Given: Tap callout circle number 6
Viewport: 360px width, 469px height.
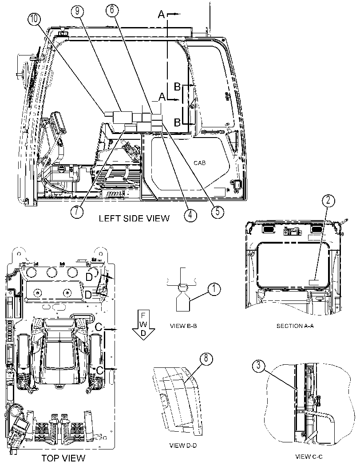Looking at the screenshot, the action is click(112, 11).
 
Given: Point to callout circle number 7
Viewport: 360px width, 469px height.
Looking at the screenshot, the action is click(77, 212).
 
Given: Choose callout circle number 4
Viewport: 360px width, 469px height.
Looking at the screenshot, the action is click(190, 214).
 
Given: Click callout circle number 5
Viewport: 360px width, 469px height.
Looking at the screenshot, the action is click(217, 211).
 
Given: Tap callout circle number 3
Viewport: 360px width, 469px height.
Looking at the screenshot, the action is click(259, 366).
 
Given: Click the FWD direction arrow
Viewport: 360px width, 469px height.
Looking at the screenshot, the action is click(144, 324).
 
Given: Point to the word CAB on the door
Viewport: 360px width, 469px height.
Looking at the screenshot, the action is click(200, 163).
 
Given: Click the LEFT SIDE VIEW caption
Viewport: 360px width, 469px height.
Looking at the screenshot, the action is click(134, 218).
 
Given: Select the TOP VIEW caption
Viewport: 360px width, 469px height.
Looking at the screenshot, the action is click(63, 458).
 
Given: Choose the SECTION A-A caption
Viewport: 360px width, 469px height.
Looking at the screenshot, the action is click(295, 326).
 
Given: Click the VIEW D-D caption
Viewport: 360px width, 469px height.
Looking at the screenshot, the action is click(183, 445).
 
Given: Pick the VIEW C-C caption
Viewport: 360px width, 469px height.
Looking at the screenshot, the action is click(309, 457).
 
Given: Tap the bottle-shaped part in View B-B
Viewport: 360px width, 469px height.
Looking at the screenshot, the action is click(183, 302).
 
